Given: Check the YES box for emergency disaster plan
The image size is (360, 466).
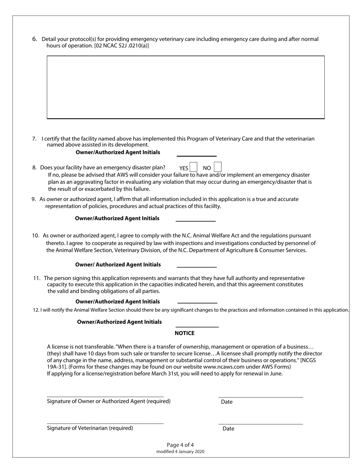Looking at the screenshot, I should pos(193,167).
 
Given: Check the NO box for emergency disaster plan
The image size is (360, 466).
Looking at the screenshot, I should pos(218,167).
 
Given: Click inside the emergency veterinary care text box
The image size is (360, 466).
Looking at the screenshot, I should pos(185,87).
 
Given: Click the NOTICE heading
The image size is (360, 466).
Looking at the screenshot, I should pos(184,333).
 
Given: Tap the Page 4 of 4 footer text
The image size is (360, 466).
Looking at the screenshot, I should pos(180,445).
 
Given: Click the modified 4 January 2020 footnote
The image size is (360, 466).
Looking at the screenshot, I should pos(180,452).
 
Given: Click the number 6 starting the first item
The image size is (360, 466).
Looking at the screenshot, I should pos(34,39).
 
